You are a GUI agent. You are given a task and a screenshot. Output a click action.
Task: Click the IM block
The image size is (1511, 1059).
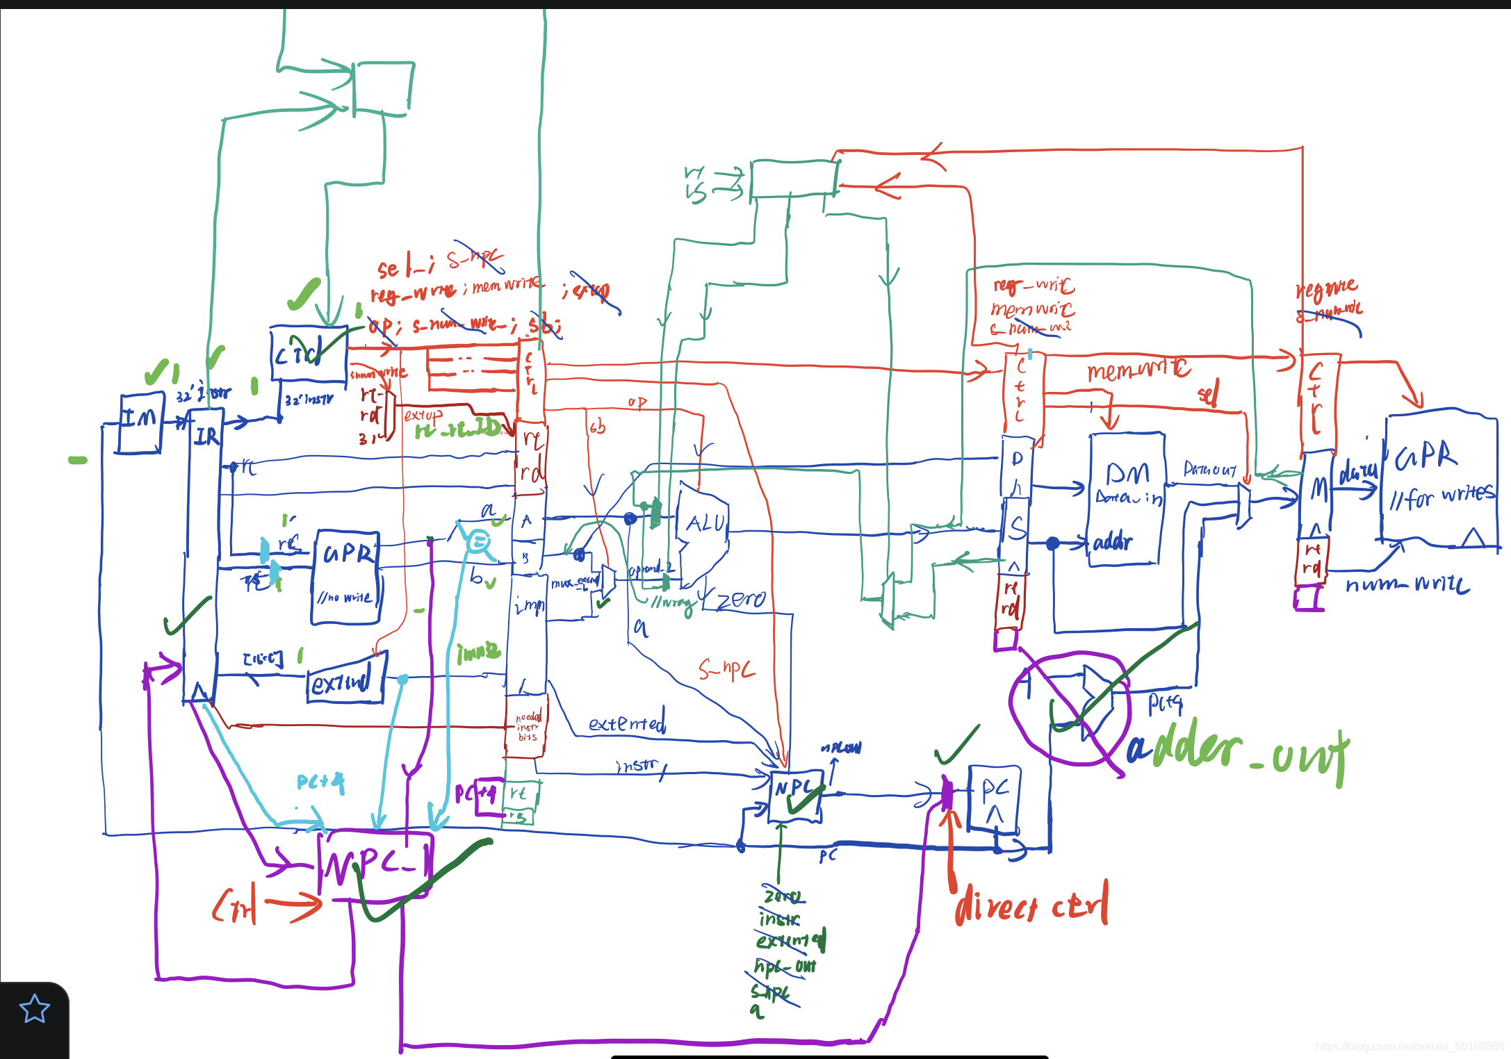click(x=141, y=422)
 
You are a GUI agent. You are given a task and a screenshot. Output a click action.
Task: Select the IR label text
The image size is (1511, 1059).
click(x=206, y=436)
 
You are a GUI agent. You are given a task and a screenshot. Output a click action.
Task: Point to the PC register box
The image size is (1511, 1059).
click(x=994, y=799)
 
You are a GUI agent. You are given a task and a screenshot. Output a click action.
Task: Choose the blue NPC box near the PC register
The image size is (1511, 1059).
click(x=795, y=796)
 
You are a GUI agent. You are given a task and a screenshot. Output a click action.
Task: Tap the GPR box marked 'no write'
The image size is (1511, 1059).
click(x=345, y=577)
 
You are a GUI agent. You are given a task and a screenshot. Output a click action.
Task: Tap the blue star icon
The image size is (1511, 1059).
click(x=34, y=1008)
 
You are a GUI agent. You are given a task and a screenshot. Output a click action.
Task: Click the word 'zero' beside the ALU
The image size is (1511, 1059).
click(x=741, y=599)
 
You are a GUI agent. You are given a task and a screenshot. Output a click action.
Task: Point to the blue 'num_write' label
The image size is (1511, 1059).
click(x=1407, y=584)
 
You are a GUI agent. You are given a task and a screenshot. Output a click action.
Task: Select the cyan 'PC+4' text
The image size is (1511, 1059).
click(x=320, y=782)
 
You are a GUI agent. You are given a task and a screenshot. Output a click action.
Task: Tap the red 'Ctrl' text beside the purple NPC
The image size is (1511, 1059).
click(x=235, y=905)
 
